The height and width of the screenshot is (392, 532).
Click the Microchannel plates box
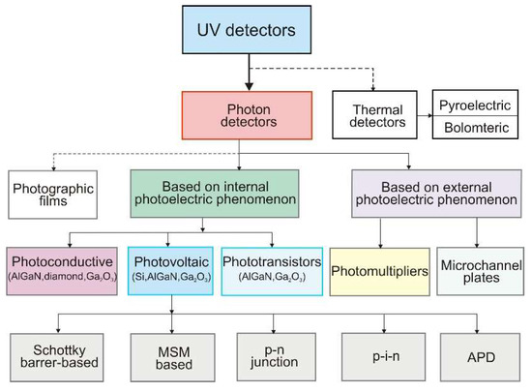coord(481,272)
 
